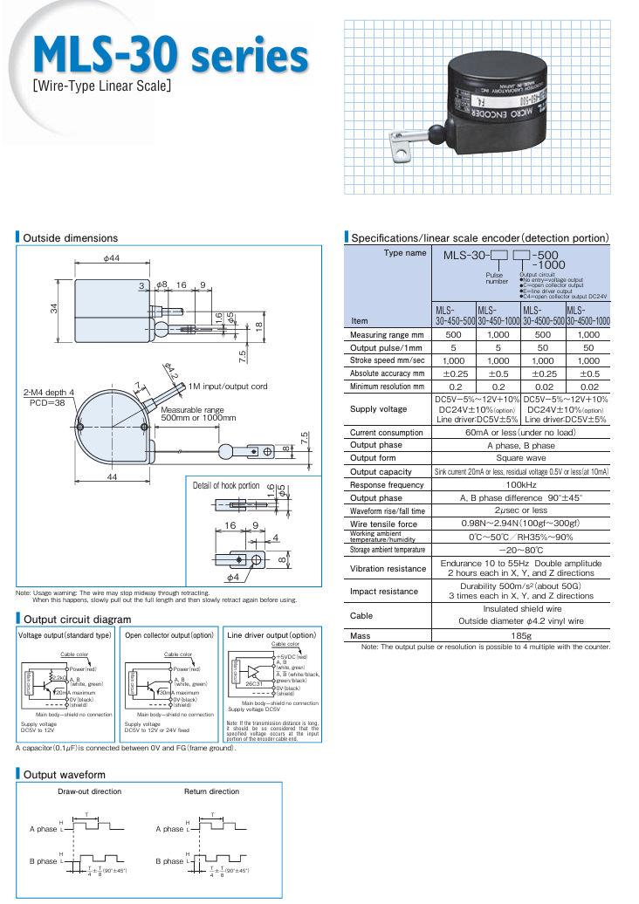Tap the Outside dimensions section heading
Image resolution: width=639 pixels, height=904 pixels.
coord(70,238)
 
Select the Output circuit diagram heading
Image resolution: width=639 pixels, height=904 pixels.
coord(77,619)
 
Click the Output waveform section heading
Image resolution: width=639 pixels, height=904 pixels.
coord(64,774)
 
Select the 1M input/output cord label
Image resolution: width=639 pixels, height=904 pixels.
coord(228,387)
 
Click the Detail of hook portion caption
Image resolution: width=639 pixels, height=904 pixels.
coord(226,485)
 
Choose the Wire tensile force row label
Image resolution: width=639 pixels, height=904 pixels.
coord(383,524)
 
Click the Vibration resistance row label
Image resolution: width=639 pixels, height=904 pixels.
coord(388,569)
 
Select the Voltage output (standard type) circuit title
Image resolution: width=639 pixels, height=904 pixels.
coord(65,635)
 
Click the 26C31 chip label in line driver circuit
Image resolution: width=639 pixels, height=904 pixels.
coord(254,684)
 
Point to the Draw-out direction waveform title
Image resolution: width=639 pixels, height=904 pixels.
coord(89,791)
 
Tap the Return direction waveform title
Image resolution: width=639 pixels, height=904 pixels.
coord(211,791)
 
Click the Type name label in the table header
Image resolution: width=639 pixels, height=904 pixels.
coord(405,253)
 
